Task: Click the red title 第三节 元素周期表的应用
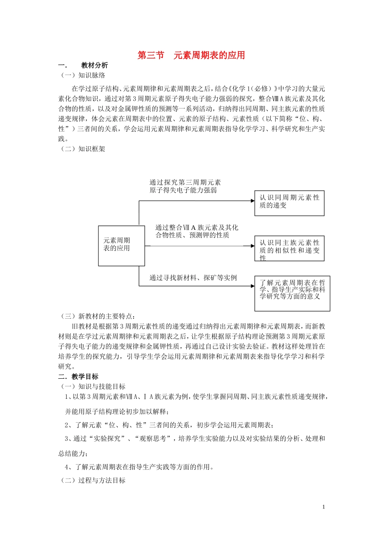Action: [x=191, y=55]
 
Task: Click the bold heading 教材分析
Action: [x=94, y=65]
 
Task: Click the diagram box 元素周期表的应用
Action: [x=121, y=245]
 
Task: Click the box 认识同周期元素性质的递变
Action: [x=289, y=203]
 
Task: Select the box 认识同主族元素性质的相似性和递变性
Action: [x=289, y=248]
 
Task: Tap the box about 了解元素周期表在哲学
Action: [x=292, y=293]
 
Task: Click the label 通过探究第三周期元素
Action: [x=185, y=182]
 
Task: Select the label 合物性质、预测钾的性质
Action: [x=192, y=235]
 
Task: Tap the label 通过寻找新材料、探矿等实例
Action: [x=193, y=277]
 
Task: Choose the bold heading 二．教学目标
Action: [x=78, y=377]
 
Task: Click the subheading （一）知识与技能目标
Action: [x=92, y=387]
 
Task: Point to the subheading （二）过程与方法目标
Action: [x=92, y=480]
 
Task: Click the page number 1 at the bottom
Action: [x=323, y=507]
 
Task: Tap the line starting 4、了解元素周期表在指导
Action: [x=139, y=467]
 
